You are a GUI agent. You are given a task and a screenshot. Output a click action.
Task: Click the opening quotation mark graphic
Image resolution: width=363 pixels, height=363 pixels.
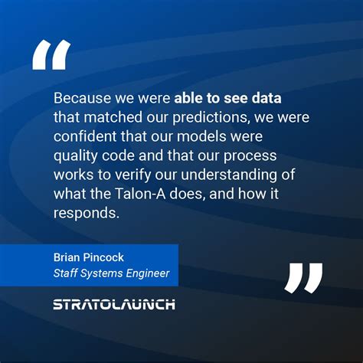[x=51, y=55]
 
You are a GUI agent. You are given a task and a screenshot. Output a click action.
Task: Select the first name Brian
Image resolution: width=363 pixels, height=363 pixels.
[x=67, y=258]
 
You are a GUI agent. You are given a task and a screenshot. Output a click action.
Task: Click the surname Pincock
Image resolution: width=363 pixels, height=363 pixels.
[x=108, y=258]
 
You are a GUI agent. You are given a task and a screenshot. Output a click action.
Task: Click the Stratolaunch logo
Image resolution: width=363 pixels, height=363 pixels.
[x=114, y=305]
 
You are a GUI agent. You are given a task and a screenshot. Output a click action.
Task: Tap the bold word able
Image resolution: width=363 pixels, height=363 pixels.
[x=191, y=99]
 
